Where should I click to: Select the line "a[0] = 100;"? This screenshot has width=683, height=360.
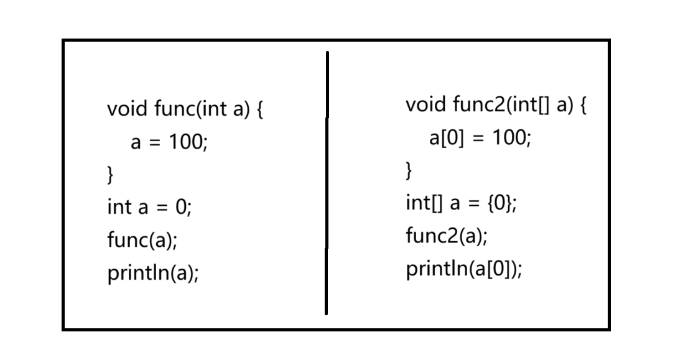coord(480,137)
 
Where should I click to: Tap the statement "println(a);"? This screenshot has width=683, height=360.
coord(153,272)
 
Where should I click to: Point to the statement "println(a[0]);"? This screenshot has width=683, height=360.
coord(464,269)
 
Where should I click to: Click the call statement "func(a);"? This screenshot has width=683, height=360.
coord(142,240)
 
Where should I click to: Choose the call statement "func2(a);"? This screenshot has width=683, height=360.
coord(447,236)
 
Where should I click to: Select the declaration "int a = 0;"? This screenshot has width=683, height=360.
coord(149,207)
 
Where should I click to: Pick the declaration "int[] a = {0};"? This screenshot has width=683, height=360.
coord(461,203)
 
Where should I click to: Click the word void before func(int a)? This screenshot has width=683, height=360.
coord(127,109)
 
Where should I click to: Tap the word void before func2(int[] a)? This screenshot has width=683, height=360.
coord(425,104)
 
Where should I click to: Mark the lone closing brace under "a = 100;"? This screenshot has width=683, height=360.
coord(111,175)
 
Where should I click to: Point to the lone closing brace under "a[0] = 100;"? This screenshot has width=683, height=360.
coord(409,170)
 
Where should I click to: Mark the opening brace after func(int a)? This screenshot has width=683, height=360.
coord(260,110)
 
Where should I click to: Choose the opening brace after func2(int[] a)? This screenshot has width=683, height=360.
coord(583,105)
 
